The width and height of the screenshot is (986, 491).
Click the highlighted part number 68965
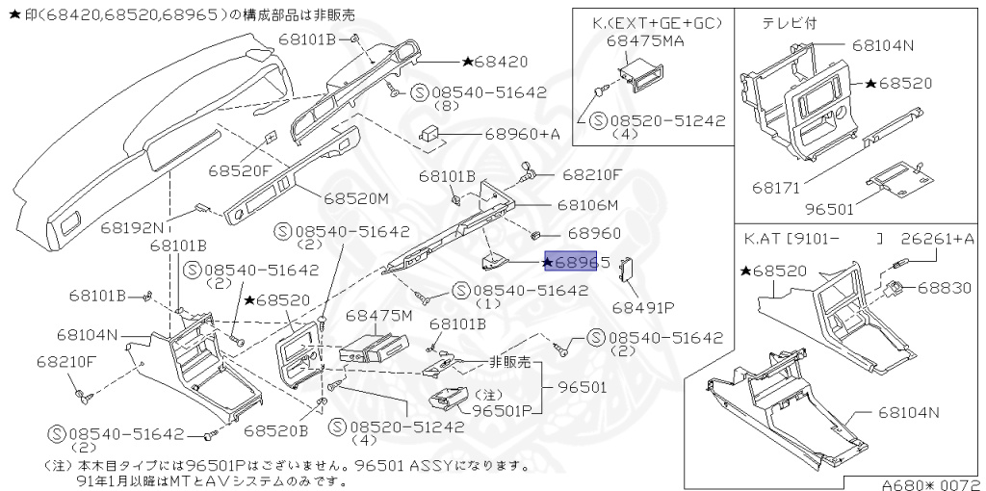(575, 262)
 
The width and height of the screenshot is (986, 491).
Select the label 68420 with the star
(495, 62)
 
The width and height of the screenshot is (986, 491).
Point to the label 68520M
(355, 198)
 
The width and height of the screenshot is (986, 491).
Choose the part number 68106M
(586, 205)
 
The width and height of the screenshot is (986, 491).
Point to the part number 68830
(947, 287)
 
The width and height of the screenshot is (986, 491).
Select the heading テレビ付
(791, 22)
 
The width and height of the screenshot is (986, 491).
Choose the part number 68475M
(378, 316)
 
